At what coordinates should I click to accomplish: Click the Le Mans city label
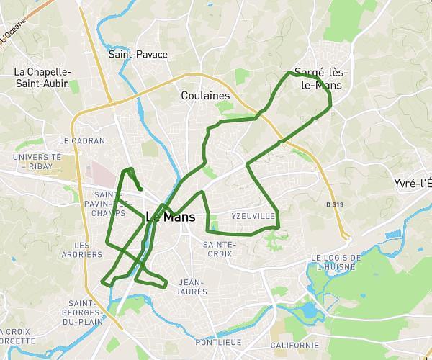(170, 217)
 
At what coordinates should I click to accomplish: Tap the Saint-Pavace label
(138, 54)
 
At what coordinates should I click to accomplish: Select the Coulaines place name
(205, 96)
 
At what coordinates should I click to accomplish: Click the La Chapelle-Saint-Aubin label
(42, 78)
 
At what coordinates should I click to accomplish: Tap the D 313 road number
(336, 204)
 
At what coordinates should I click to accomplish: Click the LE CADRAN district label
(82, 141)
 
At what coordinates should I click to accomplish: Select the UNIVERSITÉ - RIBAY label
(36, 161)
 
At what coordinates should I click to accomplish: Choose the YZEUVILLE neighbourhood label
(253, 216)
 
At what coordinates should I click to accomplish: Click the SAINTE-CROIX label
(218, 248)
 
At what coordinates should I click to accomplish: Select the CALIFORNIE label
(294, 346)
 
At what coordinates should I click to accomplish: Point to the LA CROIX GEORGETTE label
(16, 337)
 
